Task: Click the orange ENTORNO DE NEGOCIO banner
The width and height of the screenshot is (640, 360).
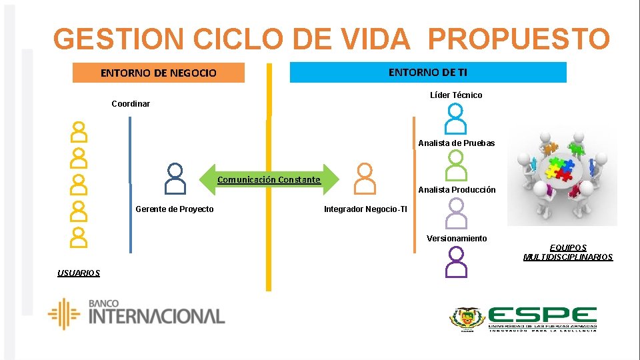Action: [x=158, y=73]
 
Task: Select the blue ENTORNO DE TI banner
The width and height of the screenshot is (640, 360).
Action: [x=428, y=72]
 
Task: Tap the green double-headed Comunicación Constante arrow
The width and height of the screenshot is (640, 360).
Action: [x=269, y=179]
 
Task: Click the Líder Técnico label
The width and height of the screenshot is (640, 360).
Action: [x=456, y=95]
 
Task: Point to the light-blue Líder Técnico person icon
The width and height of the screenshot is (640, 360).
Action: [x=456, y=119]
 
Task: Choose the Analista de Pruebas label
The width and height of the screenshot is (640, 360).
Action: [x=457, y=143]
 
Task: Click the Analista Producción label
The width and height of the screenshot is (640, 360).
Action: [x=457, y=190]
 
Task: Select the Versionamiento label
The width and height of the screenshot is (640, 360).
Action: [x=457, y=239]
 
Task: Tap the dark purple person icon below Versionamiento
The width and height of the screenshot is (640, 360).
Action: [x=457, y=261]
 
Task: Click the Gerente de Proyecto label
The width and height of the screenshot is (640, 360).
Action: [x=175, y=209]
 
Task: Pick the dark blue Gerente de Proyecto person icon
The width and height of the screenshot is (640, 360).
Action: [x=175, y=179]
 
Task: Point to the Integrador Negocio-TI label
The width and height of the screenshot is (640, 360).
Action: [x=365, y=209]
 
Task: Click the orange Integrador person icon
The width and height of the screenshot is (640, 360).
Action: [x=365, y=179]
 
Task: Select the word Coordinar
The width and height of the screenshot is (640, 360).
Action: [x=131, y=104]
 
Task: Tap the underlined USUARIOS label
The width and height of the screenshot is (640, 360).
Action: [x=79, y=273]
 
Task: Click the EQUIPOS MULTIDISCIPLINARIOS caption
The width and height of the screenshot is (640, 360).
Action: [x=568, y=253]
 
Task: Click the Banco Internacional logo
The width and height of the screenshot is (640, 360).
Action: [x=137, y=314]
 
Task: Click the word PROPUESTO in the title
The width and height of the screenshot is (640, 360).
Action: [x=519, y=39]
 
